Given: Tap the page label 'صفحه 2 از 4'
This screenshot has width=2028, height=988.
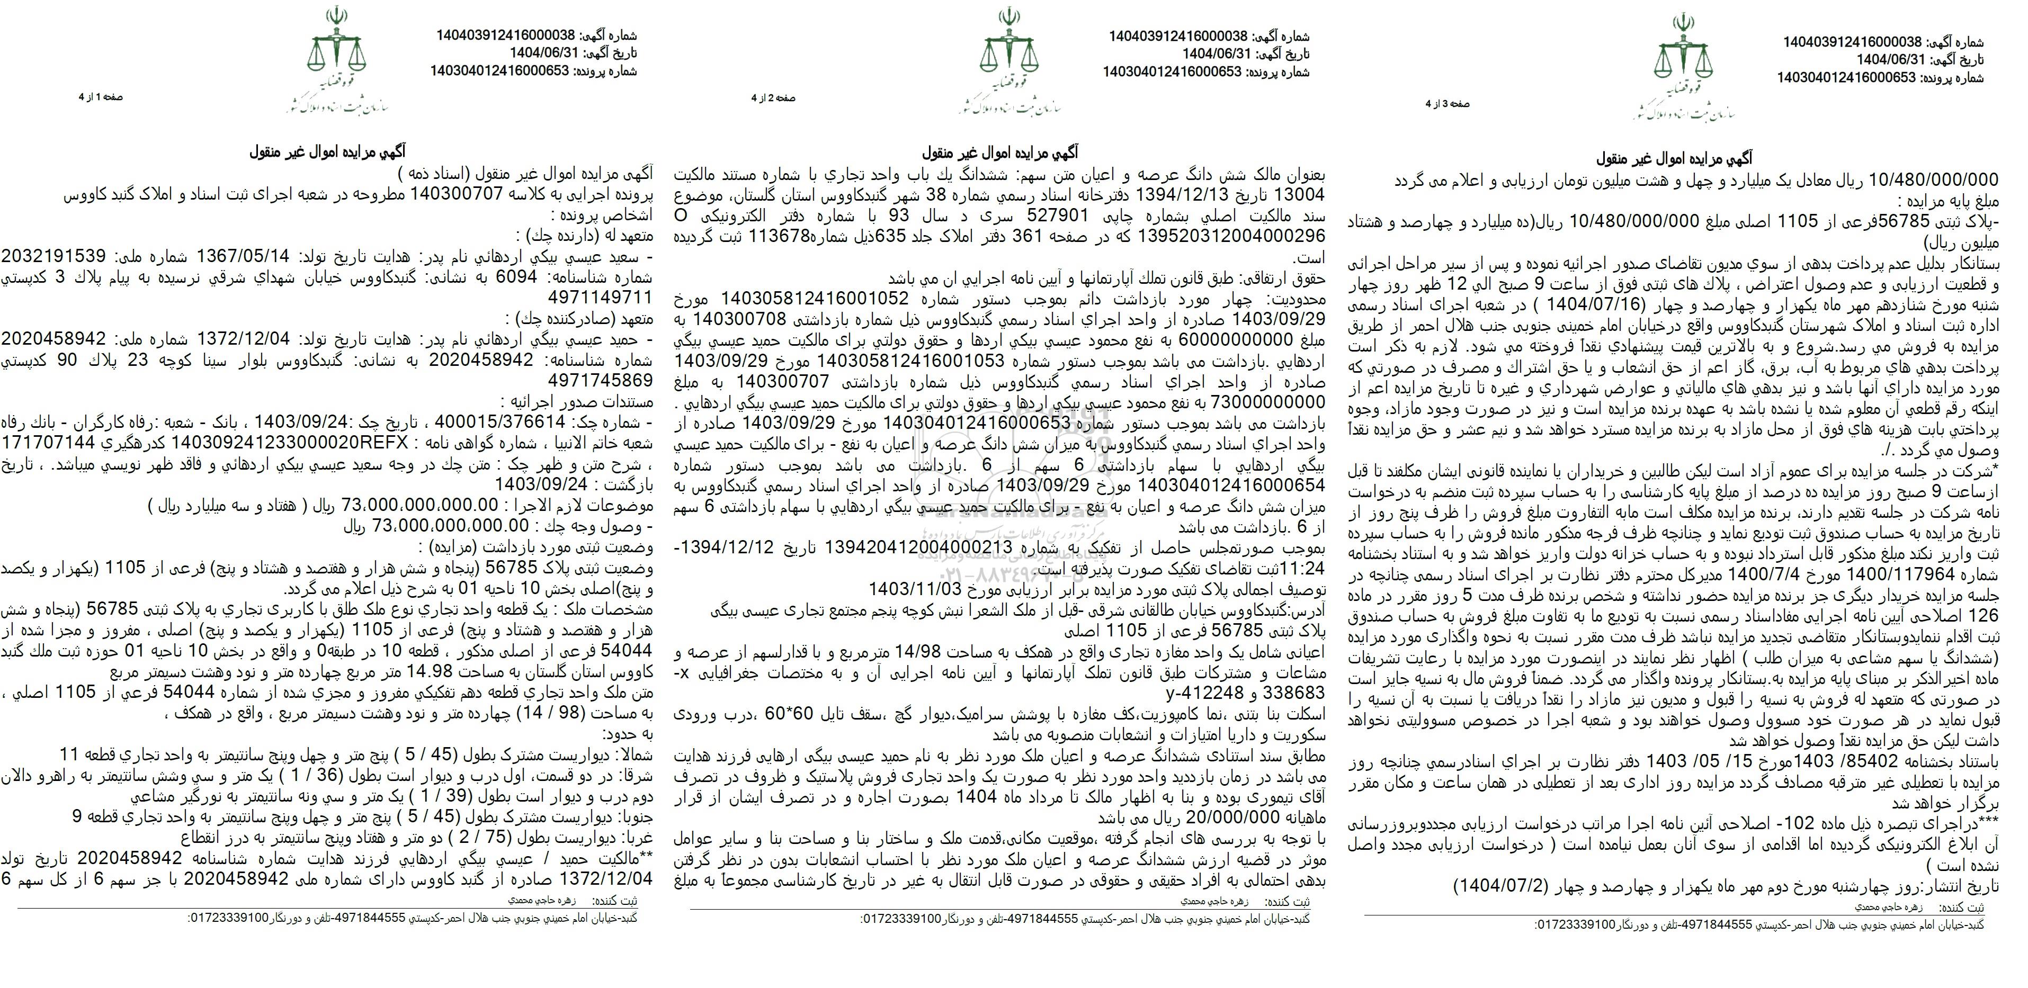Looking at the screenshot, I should click(x=773, y=97).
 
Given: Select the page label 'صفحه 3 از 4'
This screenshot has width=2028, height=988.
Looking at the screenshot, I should click(x=1448, y=103).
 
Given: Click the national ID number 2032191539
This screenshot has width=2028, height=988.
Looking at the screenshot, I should click(x=53, y=257).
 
